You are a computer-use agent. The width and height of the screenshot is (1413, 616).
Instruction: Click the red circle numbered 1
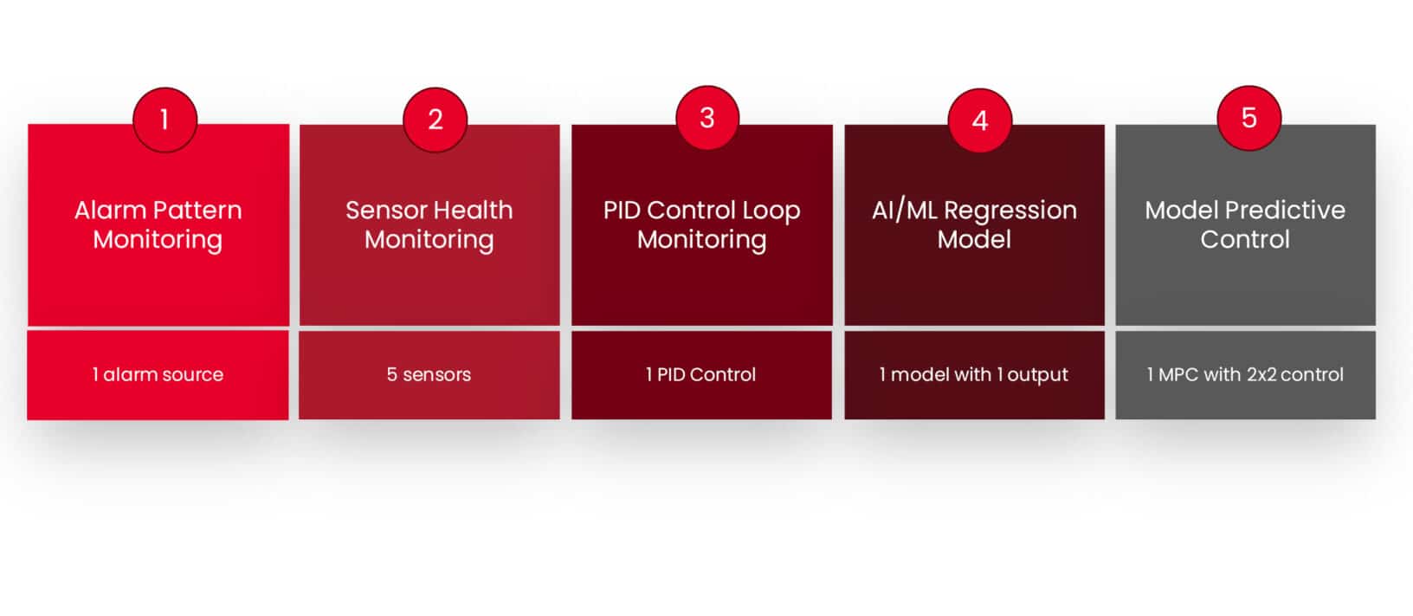click(165, 120)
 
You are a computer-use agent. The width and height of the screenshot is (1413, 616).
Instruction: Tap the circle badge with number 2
click(436, 120)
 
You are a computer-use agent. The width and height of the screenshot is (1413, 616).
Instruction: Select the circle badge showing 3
click(707, 117)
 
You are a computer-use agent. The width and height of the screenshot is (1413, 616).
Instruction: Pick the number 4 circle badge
click(979, 120)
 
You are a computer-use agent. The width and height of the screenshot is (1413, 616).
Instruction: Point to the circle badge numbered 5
click(1249, 117)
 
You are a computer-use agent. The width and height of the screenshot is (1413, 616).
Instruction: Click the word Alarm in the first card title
click(110, 211)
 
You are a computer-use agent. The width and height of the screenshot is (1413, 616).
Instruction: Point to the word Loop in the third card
click(771, 211)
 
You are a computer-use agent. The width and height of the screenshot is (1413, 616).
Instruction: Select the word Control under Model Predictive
click(1245, 239)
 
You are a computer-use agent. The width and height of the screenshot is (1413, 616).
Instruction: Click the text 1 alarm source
click(158, 374)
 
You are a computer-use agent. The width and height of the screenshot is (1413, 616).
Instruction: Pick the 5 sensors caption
click(429, 374)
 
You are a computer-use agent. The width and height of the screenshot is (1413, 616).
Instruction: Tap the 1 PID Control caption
click(700, 374)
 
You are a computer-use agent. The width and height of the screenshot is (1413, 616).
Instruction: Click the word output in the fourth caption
click(1037, 375)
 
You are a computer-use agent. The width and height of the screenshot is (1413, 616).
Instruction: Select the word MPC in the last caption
click(1178, 374)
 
